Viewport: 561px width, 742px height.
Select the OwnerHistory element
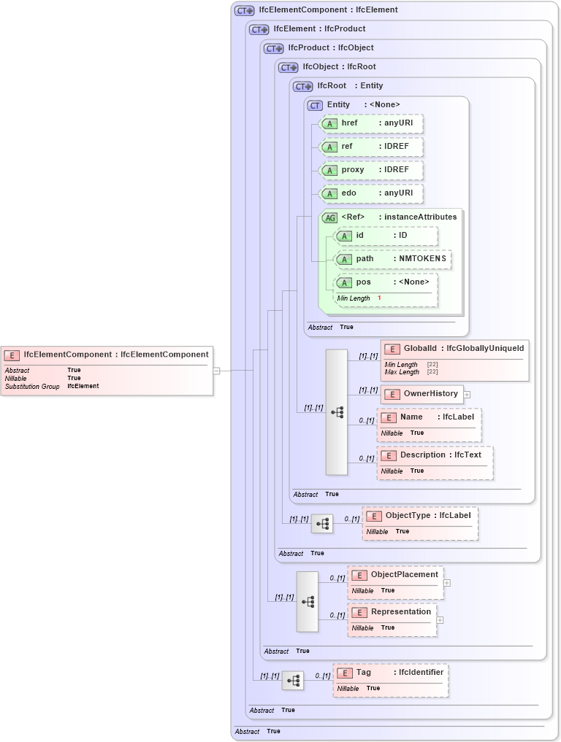tap(421, 394)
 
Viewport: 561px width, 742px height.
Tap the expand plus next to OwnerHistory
tap(467, 395)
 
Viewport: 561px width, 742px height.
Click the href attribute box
tap(372, 123)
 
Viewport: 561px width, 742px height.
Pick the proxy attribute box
tap(372, 170)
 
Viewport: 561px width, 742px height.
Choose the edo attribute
tap(372, 193)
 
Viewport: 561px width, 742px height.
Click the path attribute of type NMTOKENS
tap(393, 259)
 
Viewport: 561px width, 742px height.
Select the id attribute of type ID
tap(386, 236)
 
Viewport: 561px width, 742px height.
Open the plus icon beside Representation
tap(440, 620)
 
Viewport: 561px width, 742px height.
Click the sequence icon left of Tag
tap(293, 681)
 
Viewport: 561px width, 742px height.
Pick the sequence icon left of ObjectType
tap(322, 524)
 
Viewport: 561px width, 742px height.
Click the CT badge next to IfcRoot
tap(302, 86)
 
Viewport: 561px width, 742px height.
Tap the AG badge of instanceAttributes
tap(330, 217)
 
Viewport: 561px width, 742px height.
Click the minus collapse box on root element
tap(216, 371)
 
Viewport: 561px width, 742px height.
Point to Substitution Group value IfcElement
tap(83, 386)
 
